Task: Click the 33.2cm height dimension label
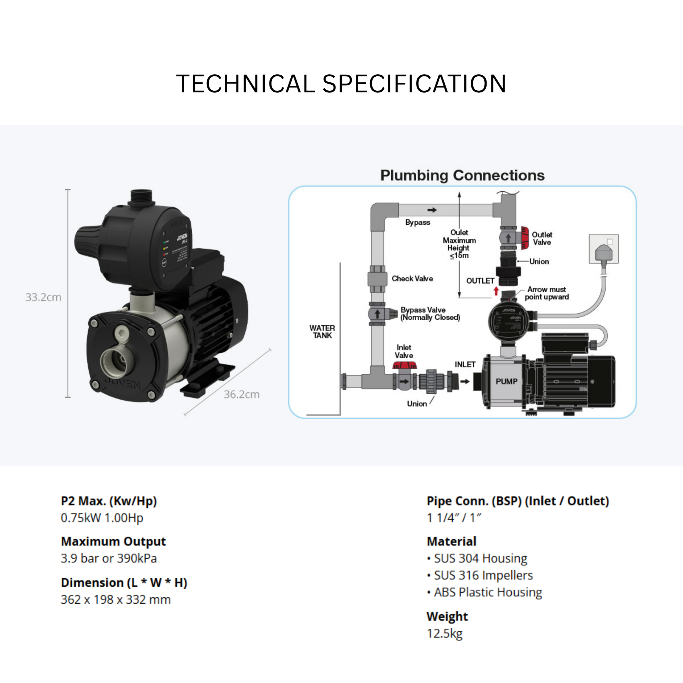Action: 43,297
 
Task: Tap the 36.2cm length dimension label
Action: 241,395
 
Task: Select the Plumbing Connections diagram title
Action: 462,176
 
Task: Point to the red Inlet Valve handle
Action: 405,365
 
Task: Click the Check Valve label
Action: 412,278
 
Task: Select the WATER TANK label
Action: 322,331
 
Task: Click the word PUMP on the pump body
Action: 506,382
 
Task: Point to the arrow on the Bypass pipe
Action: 432,210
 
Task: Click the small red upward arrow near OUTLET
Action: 496,291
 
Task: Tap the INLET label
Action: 465,365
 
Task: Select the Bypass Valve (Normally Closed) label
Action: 430,313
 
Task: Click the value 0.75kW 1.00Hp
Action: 102,518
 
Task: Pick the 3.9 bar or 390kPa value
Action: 108,559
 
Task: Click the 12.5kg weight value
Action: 444,634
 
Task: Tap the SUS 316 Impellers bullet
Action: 483,576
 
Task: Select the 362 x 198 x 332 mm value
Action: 116,600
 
